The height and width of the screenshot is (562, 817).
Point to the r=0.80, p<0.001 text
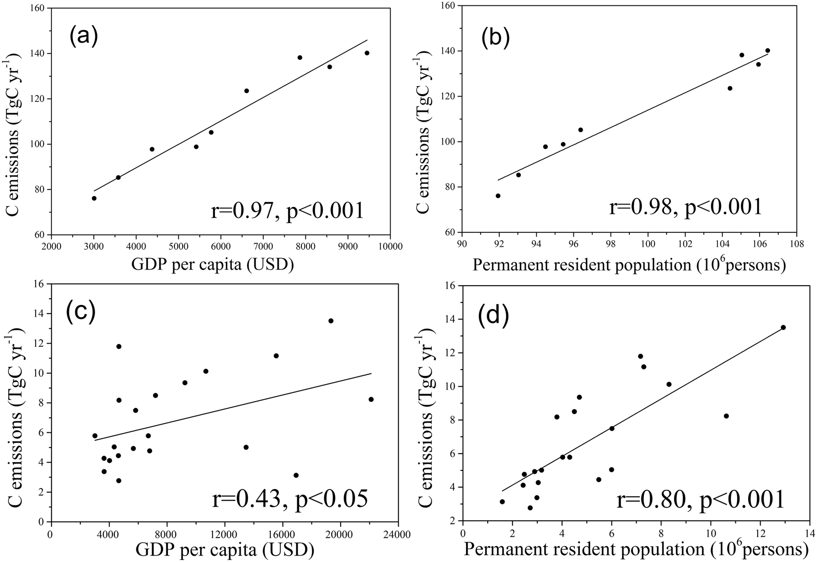coord(700,499)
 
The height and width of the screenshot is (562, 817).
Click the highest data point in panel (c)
coord(331,321)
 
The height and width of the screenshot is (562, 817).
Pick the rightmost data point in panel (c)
coord(371,399)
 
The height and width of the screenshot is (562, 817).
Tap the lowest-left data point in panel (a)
coord(94,198)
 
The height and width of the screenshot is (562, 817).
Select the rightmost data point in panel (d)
coord(783,327)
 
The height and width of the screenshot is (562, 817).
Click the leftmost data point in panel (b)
coord(498,196)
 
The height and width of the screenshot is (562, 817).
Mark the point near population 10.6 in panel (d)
coord(726,416)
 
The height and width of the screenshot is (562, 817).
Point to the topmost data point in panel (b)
coord(767,51)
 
